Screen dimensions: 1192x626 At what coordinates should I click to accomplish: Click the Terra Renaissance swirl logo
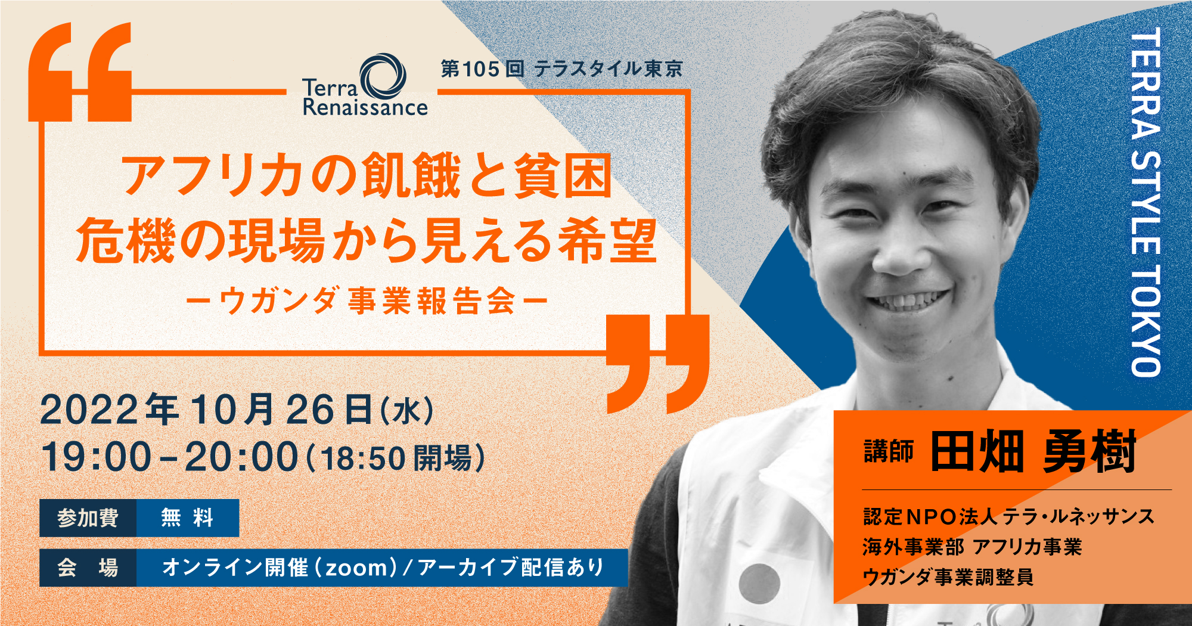click(383, 76)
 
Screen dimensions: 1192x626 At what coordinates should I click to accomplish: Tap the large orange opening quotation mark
click(80, 72)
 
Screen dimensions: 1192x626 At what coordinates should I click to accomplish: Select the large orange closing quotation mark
click(658, 364)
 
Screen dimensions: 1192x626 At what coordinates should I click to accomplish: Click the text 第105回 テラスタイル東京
click(561, 69)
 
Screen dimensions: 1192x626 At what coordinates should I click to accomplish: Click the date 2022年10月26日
click(206, 410)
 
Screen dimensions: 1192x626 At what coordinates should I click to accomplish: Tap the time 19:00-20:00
click(169, 457)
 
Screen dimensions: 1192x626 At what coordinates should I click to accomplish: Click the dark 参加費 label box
click(88, 517)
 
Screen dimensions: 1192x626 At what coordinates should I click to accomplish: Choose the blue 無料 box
click(188, 517)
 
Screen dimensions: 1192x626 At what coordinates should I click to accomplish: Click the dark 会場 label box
click(88, 568)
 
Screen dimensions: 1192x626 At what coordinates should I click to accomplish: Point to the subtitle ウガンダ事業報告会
click(367, 300)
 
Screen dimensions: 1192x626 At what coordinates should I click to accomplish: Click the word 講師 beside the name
click(889, 451)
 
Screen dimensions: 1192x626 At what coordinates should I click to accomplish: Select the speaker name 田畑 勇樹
click(1033, 451)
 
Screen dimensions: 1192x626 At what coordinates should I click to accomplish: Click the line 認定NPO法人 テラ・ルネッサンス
click(1008, 516)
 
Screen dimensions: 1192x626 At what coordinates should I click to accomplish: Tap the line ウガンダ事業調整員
click(948, 577)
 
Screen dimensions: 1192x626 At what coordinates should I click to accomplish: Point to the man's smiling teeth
click(906, 301)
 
